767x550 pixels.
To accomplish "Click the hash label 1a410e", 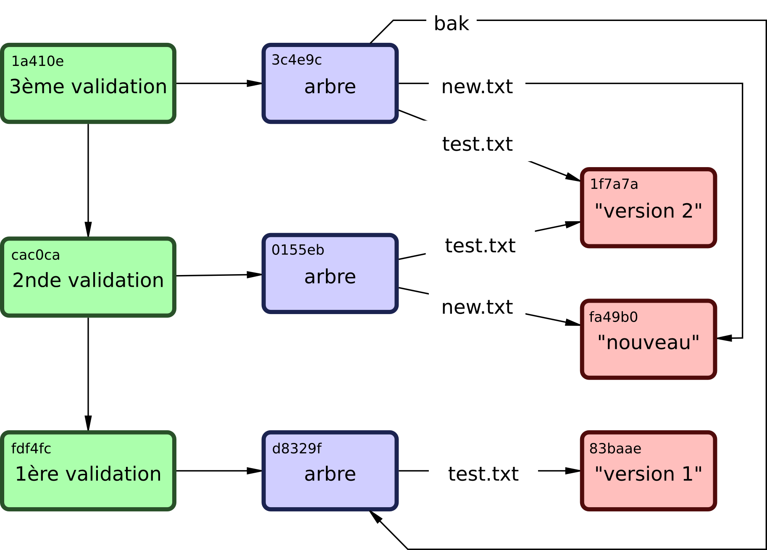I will (37, 61).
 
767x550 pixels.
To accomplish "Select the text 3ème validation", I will (88, 86).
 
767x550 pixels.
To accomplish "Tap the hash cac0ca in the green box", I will (35, 255).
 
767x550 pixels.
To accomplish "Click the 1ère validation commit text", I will (88, 474).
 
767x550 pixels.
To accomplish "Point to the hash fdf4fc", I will (31, 448).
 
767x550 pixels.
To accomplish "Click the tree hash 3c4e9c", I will (297, 60).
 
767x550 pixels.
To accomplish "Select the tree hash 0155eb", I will (298, 250).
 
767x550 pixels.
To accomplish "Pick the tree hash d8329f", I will (297, 448).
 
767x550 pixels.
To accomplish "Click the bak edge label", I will (451, 24).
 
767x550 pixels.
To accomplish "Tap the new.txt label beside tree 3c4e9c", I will (477, 86).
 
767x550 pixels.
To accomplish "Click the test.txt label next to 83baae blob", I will (483, 474).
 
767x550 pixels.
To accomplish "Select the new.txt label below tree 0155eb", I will (477, 307).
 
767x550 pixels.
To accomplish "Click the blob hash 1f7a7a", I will (614, 184).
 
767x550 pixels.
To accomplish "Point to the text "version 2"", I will (649, 211).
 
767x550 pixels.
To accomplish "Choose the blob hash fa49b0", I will (613, 317).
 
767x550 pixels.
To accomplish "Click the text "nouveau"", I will (649, 342).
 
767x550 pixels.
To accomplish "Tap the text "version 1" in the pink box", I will (649, 474).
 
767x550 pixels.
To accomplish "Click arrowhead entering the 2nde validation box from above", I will (88, 230).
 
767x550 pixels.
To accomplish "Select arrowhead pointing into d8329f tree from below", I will (376, 517).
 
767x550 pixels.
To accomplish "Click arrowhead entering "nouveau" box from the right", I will (725, 338).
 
